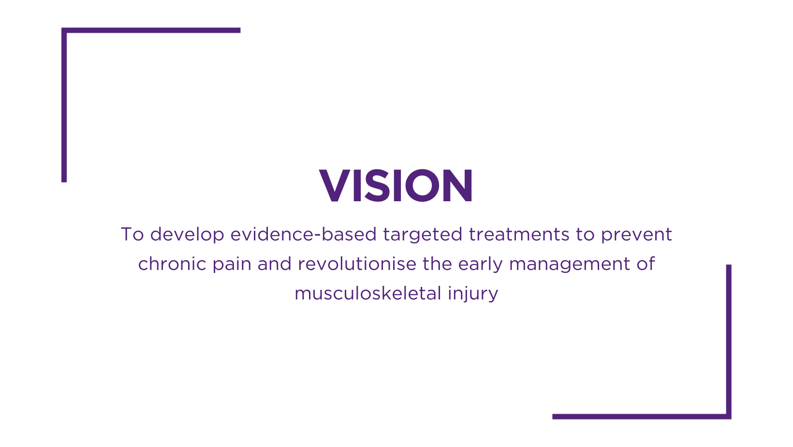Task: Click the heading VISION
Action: point(396,186)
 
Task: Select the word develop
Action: point(187,235)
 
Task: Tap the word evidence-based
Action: point(303,234)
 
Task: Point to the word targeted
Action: point(422,235)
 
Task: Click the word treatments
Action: point(519,235)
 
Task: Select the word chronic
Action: point(172,264)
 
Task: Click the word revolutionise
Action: point(357,264)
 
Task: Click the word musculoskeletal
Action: point(368,293)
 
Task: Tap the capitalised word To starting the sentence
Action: point(132,235)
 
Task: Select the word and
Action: point(274,264)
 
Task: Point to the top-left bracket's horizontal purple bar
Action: point(151,30)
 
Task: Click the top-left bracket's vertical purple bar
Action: point(64,105)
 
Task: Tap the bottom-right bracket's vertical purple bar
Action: point(729,342)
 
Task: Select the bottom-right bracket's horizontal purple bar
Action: point(642,417)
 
